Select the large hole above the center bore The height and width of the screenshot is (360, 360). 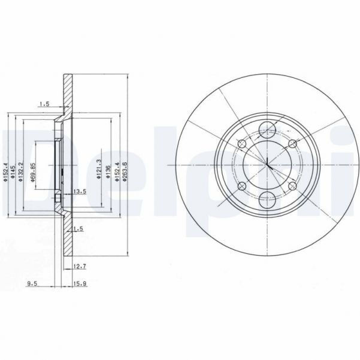[268, 128]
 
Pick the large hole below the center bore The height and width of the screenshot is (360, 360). [268, 199]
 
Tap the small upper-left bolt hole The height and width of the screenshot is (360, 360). [241, 144]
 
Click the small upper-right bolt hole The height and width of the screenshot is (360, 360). [292, 144]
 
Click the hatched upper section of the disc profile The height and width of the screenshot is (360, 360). [68, 96]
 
